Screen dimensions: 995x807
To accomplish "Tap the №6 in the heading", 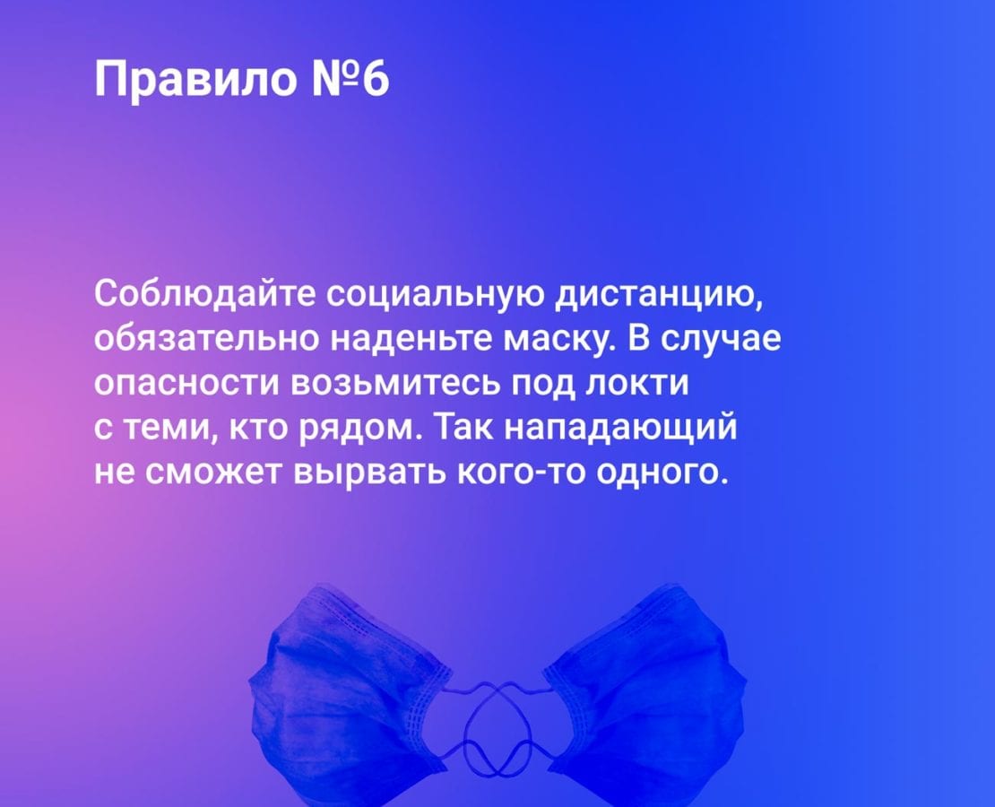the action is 350,80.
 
